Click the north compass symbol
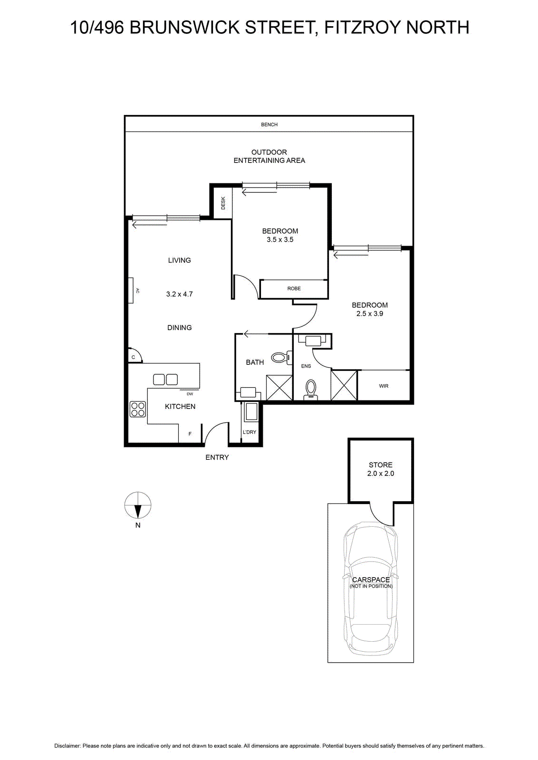point(138,505)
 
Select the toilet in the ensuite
point(311,389)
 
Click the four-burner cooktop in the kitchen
point(138,409)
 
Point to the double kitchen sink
point(165,380)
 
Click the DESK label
point(223,203)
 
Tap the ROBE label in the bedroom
point(294,288)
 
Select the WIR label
point(384,386)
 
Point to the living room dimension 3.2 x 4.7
point(179,294)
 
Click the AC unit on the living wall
point(131,290)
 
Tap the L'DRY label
point(250,432)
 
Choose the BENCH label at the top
point(269,124)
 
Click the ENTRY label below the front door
point(217,457)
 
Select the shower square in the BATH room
point(279,388)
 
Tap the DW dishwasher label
point(190,394)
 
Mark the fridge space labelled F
point(190,434)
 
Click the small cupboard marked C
point(134,356)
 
